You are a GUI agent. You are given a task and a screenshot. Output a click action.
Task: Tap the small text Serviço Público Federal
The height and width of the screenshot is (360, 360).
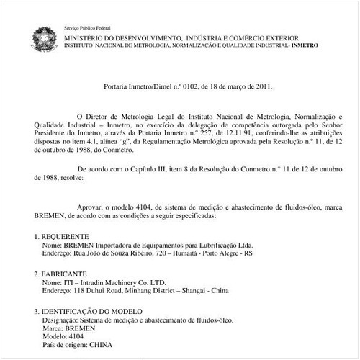tap(84, 27)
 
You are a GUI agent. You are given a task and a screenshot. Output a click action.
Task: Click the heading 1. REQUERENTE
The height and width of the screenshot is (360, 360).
tap(62, 236)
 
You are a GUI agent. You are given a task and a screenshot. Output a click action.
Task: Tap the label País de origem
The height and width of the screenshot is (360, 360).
tap(65, 345)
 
